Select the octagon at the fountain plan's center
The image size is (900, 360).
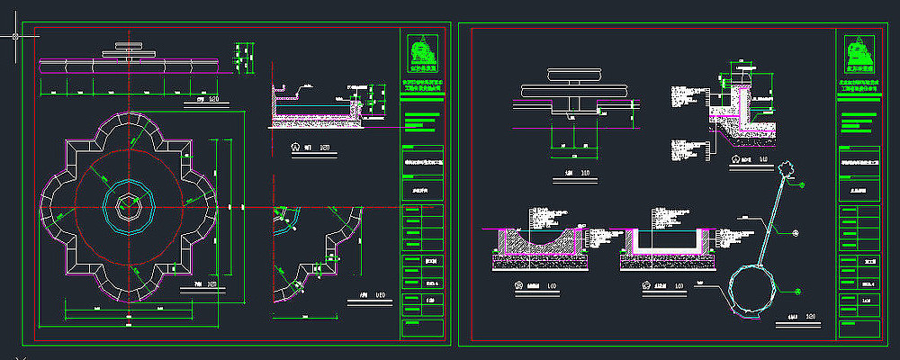pyautogui.click(x=128, y=207)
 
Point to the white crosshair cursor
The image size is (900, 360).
pyautogui.click(x=15, y=37)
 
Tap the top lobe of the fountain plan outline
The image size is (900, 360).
pyautogui.click(x=129, y=125)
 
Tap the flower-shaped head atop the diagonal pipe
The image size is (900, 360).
pyautogui.click(x=788, y=169)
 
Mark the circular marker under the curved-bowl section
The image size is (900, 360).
pyautogui.click(x=518, y=288)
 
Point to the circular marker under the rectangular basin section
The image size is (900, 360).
pyautogui.click(x=645, y=288)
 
